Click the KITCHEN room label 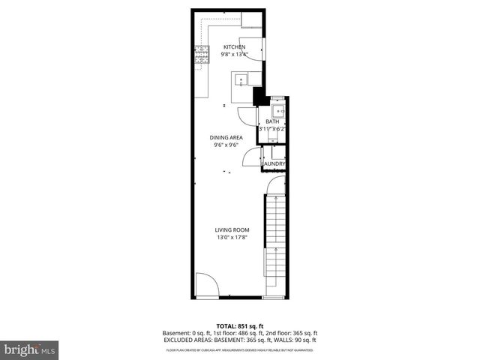coord(233,46)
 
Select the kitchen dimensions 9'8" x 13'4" coord(233,54)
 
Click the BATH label coord(272,121)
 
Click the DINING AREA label coord(226,137)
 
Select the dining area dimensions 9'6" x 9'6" coord(226,145)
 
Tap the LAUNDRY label coord(273,164)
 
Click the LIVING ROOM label coord(232,230)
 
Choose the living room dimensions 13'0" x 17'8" coord(232,238)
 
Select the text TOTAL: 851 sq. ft coord(240,326)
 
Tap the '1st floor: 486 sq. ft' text coord(238,333)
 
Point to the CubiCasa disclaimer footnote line coord(240,349)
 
